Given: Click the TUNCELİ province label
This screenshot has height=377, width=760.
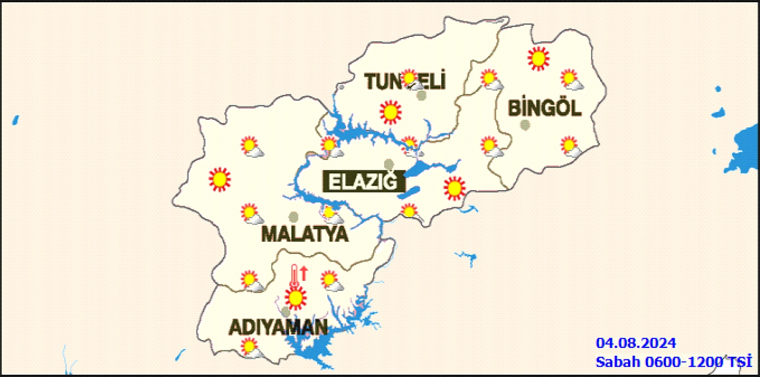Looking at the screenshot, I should click(405, 82).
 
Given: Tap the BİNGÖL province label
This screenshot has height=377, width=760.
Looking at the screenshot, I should click(544, 108).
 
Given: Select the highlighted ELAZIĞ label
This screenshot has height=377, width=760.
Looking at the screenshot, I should click(363, 182).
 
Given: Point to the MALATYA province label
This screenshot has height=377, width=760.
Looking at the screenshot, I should click(305, 234).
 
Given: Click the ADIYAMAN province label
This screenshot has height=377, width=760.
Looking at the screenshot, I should click(278, 327).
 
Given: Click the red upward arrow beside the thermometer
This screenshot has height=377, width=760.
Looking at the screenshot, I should click(304, 273).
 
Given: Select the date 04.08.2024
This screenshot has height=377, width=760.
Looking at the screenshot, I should click(636, 343).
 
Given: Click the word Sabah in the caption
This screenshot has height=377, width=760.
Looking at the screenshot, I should click(618, 362).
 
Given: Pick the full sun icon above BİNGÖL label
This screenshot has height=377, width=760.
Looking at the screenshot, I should click(538, 59).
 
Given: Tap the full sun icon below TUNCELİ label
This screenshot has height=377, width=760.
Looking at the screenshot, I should click(391, 112).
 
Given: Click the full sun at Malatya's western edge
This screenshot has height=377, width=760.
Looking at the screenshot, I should click(220, 179).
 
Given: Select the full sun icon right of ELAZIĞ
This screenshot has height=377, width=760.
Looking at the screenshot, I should click(455, 188).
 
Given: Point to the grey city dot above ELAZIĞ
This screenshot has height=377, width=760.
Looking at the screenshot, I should click(389, 164).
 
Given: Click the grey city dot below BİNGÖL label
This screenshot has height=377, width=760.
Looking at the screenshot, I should click(525, 125).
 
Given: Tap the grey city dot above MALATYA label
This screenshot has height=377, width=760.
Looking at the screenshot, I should click(294, 217).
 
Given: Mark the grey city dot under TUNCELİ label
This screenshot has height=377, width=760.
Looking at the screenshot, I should click(421, 95).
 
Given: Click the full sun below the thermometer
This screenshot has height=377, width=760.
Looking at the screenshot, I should click(296, 298).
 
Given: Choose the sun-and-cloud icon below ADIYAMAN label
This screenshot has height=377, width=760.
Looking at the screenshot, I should click(250, 348).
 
